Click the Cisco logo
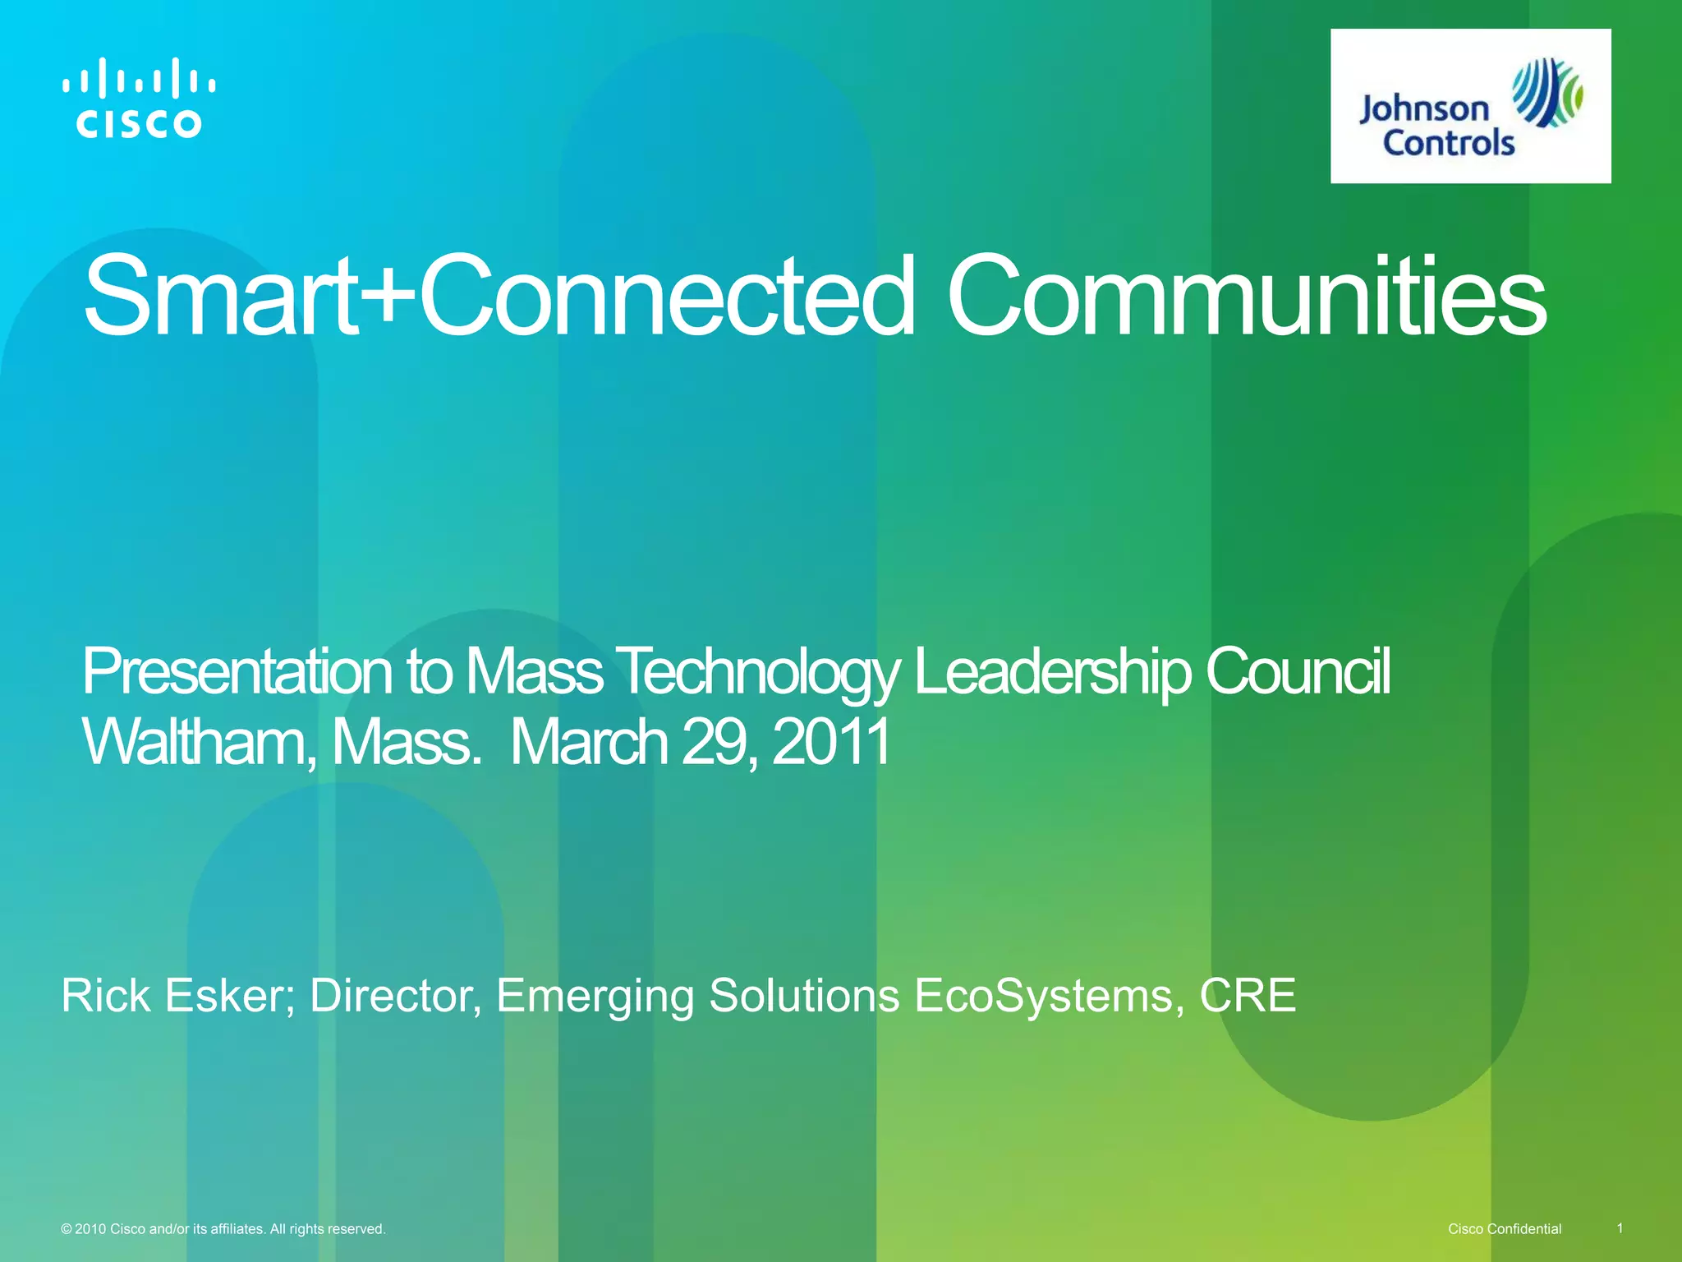pyautogui.click(x=139, y=97)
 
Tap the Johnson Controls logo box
pyautogui.click(x=1470, y=106)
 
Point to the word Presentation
pyautogui.click(x=237, y=672)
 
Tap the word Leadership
pyautogui.click(x=1052, y=672)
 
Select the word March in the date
pyautogui.click(x=589, y=742)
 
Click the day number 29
pyautogui.click(x=714, y=742)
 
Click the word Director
pyautogui.click(x=395, y=996)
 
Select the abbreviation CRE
pyautogui.click(x=1247, y=996)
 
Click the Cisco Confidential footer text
pyautogui.click(x=1505, y=1229)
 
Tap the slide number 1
pyautogui.click(x=1620, y=1228)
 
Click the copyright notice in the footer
pyautogui.click(x=223, y=1229)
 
